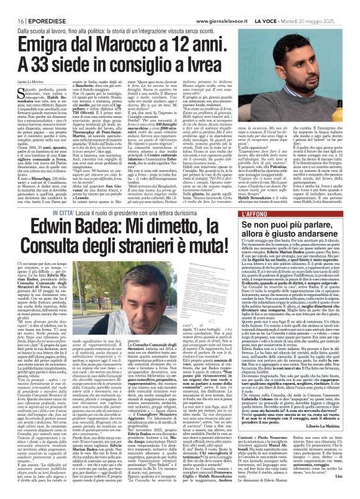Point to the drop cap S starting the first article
tap(12, 94)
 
